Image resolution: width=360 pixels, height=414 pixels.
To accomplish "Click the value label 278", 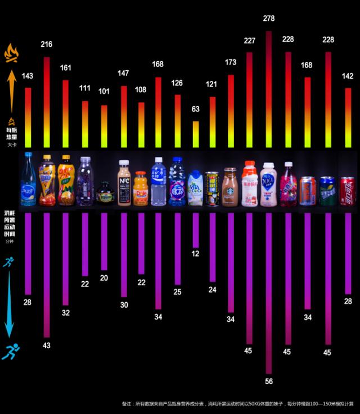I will [x=269, y=19].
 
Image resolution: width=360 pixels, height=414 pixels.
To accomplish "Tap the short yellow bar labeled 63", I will [x=196, y=134].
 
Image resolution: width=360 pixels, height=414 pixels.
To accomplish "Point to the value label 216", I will [x=46, y=44].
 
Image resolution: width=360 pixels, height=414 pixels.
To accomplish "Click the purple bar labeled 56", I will [x=269, y=292].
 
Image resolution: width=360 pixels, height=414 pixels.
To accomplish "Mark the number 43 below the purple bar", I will [x=46, y=344].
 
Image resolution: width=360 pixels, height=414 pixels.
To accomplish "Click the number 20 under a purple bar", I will [x=104, y=278].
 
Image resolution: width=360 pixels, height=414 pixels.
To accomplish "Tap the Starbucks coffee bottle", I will [x=229, y=187].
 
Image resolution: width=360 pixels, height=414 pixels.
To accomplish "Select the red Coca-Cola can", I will [x=347, y=191].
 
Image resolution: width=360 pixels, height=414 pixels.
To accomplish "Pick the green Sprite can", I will [x=327, y=191].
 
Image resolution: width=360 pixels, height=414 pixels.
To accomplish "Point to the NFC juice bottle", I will [x=124, y=183].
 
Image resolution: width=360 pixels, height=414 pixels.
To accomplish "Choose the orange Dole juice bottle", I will [x=141, y=189].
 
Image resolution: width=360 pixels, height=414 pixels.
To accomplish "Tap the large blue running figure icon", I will [x=10, y=352].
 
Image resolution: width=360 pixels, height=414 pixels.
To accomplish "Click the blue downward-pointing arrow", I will [x=10, y=304].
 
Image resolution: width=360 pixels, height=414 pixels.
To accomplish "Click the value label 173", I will [x=231, y=62].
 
